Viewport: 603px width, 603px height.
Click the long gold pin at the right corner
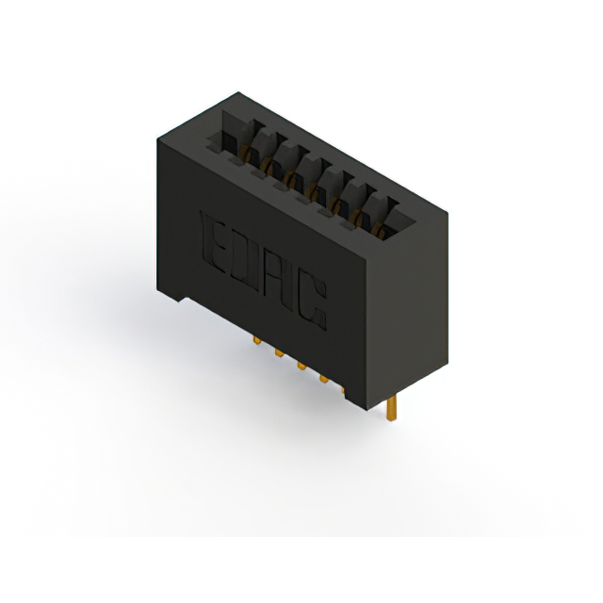click(395, 409)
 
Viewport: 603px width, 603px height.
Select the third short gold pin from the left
click(301, 367)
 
